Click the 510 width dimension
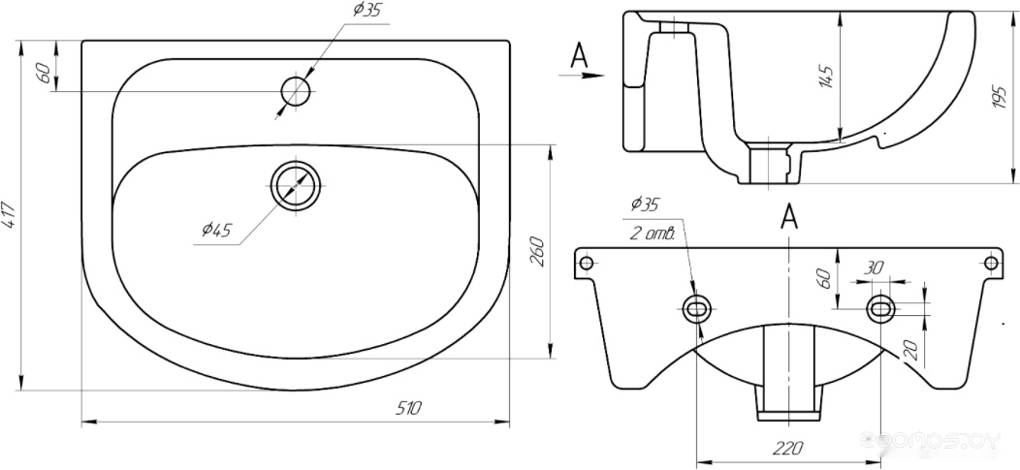(x=409, y=408)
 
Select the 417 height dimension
(x=10, y=214)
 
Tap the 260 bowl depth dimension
(x=538, y=252)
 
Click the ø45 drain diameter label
(x=216, y=230)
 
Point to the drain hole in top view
(x=298, y=185)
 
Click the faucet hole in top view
(x=297, y=92)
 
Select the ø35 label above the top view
(x=367, y=10)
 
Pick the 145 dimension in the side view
(x=826, y=77)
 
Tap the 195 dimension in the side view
(x=1001, y=96)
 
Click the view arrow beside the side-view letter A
(x=582, y=76)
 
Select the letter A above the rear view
(x=789, y=216)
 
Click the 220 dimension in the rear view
(x=789, y=448)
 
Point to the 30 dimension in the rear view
(x=875, y=267)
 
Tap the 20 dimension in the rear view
(x=911, y=351)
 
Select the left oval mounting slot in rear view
(x=697, y=309)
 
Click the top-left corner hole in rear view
(x=586, y=264)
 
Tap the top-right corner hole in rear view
(x=991, y=264)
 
